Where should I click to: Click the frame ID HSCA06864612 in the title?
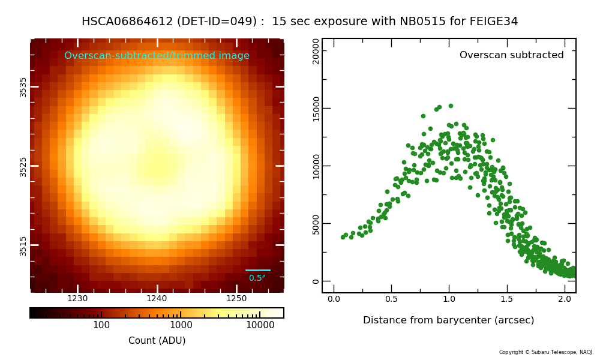tap(127, 21)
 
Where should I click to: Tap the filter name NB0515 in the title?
tap(423, 21)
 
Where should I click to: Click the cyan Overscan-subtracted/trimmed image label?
tap(157, 55)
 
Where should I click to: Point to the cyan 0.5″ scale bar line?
tap(258, 270)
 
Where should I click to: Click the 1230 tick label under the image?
tap(77, 298)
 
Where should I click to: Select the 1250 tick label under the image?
tap(236, 298)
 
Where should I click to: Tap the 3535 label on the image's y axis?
tap(23, 87)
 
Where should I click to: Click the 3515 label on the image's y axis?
tap(23, 245)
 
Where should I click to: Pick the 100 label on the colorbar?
tap(101, 325)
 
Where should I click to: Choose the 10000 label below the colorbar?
tap(260, 325)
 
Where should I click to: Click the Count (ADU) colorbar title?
tap(157, 340)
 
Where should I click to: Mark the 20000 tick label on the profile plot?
tap(316, 51)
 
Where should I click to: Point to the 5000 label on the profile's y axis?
tap(316, 223)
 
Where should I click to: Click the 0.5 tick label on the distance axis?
tap(391, 299)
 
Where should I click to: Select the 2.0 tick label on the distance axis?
tap(565, 299)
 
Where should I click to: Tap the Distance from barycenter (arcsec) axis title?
tap(448, 320)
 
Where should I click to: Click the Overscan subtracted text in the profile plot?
tap(512, 55)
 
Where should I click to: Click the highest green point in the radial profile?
tap(451, 106)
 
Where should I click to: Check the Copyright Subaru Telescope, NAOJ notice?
tap(546, 352)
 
